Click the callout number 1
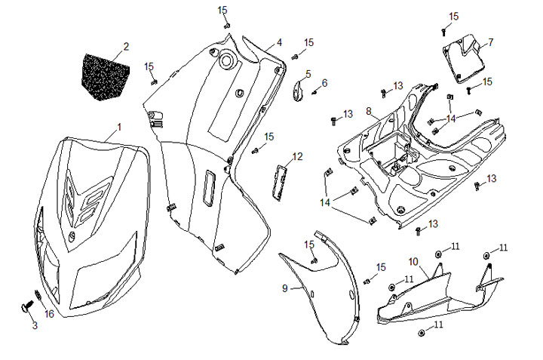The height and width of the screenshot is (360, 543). click(x=118, y=126)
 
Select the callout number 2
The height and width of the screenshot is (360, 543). click(x=126, y=47)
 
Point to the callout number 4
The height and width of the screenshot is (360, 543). click(x=279, y=42)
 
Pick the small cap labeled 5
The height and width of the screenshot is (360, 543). click(x=298, y=91)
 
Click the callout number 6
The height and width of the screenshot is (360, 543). click(x=324, y=82)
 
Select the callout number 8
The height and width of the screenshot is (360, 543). click(x=368, y=111)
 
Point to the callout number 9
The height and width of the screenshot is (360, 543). click(x=285, y=288)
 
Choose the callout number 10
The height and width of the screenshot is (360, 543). click(x=413, y=261)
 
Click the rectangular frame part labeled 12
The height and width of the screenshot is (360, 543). click(x=278, y=180)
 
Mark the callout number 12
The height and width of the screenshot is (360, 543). click(x=297, y=156)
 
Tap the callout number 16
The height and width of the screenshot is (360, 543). click(x=49, y=313)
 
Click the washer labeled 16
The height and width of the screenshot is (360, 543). click(x=36, y=297)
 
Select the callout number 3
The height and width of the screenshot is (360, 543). click(x=34, y=325)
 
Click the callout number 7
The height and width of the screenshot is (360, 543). click(x=490, y=42)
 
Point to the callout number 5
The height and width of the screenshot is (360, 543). click(x=308, y=73)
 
